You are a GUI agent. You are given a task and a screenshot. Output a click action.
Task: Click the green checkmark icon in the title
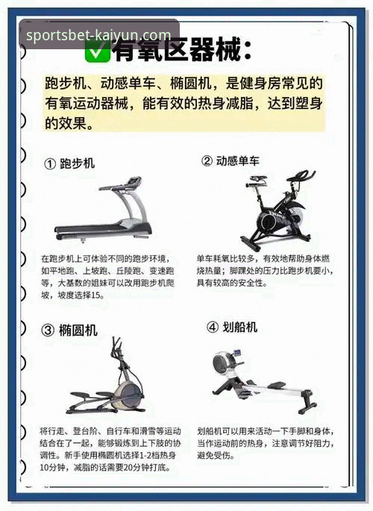tap(98, 50)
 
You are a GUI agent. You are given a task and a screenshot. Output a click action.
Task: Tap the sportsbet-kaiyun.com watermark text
tap(98, 34)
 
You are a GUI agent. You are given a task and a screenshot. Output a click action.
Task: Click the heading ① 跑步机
tap(69, 163)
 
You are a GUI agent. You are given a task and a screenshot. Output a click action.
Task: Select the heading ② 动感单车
tap(231, 160)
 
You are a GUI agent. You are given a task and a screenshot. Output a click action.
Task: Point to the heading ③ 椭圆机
tap(69, 330)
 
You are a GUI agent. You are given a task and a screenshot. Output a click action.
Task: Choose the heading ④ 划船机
tap(231, 327)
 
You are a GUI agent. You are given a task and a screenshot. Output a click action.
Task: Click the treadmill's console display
tap(134, 181)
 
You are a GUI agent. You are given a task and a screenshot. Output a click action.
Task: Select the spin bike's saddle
tap(257, 178)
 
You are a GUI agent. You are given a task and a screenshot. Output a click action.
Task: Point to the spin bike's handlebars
tap(301, 176)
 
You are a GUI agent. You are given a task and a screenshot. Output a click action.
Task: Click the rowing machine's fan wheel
tap(222, 364)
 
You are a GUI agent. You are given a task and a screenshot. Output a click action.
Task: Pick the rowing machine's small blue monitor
tap(238, 353)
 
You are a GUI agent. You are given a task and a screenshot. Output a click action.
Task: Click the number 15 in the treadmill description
tap(95, 295)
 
